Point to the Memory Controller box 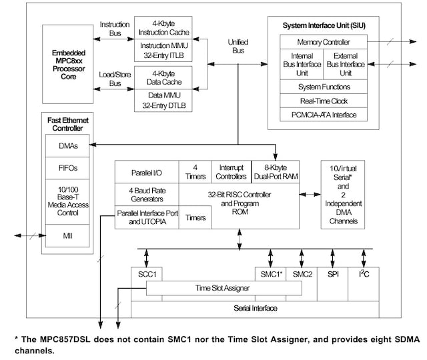click(324, 42)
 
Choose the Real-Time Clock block click(324, 101)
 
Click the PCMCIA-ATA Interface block click(324, 115)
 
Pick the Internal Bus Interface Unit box click(301, 65)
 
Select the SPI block click(333, 274)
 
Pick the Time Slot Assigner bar click(222, 288)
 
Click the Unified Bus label click(238, 46)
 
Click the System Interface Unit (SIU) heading click(324, 25)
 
